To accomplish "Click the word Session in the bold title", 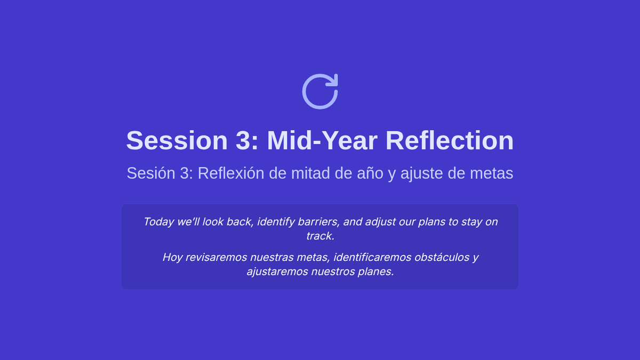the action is [177, 141].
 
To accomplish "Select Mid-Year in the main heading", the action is [322, 141].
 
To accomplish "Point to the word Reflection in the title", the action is [450, 141].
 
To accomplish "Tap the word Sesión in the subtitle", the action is [151, 173].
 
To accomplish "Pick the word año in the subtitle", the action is [370, 173].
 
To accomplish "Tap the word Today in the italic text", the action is [158, 222].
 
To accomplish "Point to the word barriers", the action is [318, 222].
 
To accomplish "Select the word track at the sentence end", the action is [320, 236].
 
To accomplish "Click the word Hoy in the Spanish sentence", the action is [173, 258].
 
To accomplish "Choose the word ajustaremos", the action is [277, 271].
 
